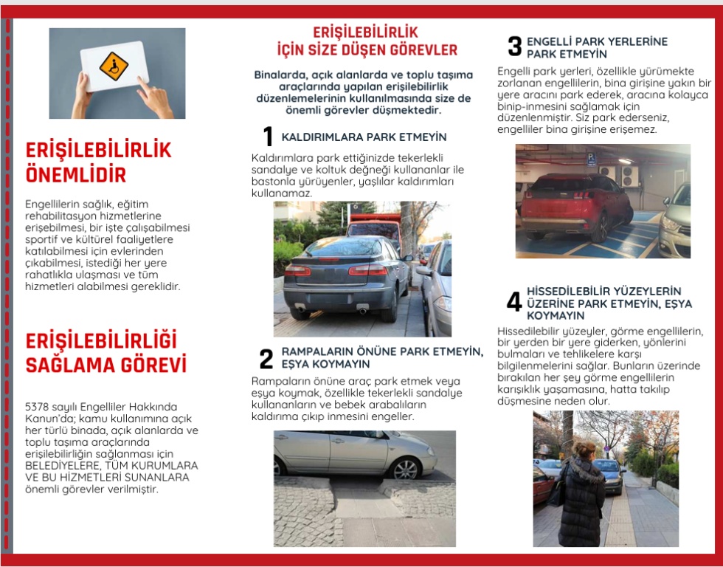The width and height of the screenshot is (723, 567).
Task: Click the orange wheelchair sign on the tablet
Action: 114,66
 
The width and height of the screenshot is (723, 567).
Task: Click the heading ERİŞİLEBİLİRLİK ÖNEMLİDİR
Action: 98,162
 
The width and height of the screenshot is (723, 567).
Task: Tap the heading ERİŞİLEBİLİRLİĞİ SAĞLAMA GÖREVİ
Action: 105,352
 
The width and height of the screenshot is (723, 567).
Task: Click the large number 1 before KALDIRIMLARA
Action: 268,137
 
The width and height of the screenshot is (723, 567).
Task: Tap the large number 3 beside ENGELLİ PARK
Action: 514,47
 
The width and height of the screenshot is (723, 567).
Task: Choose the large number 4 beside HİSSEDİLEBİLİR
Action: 514,302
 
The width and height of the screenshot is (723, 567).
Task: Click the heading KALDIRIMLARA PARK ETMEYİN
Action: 364,137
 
